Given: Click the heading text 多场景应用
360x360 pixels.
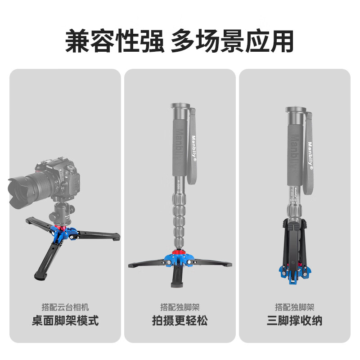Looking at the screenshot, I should click(232, 41).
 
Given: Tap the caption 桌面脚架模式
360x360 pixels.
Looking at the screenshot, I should click(65, 321).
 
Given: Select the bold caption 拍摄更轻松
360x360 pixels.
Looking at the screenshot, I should click(180, 321).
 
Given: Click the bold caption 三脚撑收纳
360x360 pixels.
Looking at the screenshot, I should click(294, 321).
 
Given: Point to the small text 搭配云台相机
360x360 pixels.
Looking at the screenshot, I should click(65, 307).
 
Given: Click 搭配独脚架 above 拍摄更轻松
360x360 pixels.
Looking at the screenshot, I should click(180, 307).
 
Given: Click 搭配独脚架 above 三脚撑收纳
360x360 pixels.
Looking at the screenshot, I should click(294, 307).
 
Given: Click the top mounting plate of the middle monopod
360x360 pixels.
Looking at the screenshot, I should click(180, 106).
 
